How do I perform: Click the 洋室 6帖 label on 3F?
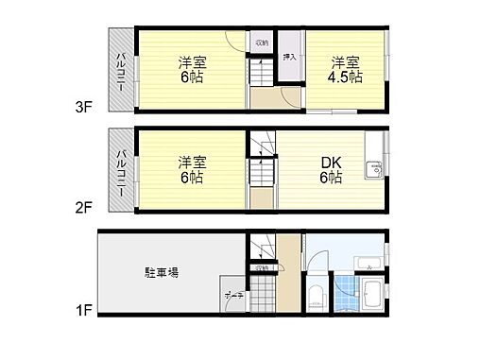point(193,71)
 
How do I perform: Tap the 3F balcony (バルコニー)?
point(121,70)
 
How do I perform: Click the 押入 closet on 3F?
point(289,57)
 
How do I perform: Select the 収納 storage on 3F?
point(261,43)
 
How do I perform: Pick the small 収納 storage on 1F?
point(262,268)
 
